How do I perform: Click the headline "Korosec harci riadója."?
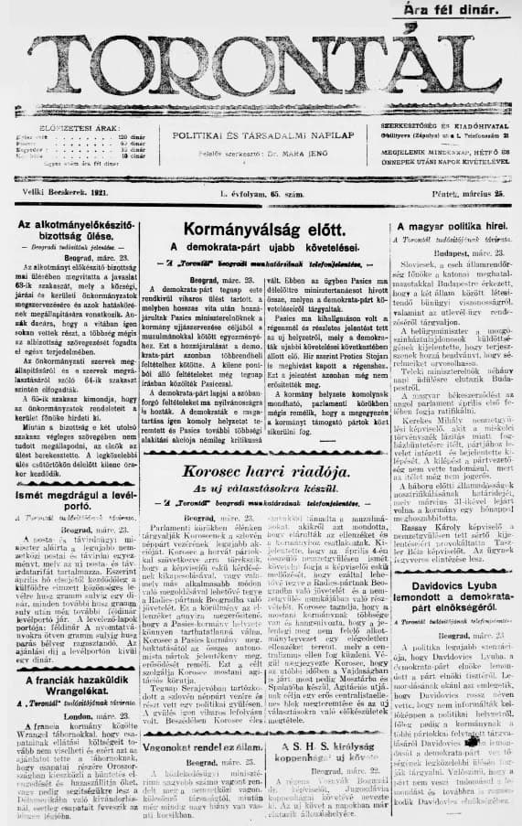(263, 473)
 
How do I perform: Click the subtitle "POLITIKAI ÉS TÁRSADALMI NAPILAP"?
(261, 133)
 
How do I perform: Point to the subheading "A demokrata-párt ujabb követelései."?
(262, 248)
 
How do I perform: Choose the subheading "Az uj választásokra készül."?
(262, 490)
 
